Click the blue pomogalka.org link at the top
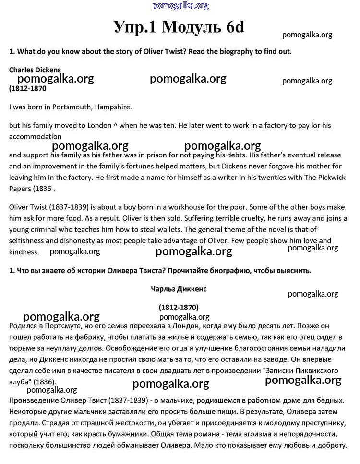pos(180,6)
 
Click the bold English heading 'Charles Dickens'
pos(35,70)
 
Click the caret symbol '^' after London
pos(115,126)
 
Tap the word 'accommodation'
pos(35,136)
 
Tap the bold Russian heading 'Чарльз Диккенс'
pos(179,289)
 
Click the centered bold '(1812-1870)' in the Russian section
pos(179,307)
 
